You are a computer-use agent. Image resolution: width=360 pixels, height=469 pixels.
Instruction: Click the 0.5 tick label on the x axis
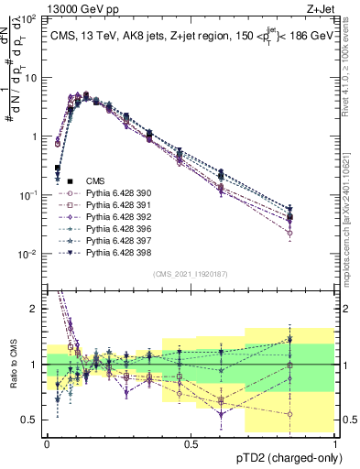pos(191,443)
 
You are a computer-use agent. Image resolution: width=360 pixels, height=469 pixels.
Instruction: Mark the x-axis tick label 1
pos(335,443)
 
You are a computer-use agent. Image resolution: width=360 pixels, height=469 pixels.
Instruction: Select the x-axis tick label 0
pos(47,443)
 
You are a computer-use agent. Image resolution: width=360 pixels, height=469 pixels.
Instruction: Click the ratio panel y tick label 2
pos(37,309)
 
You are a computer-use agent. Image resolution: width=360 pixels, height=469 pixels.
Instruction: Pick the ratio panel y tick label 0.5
pos(32,420)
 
